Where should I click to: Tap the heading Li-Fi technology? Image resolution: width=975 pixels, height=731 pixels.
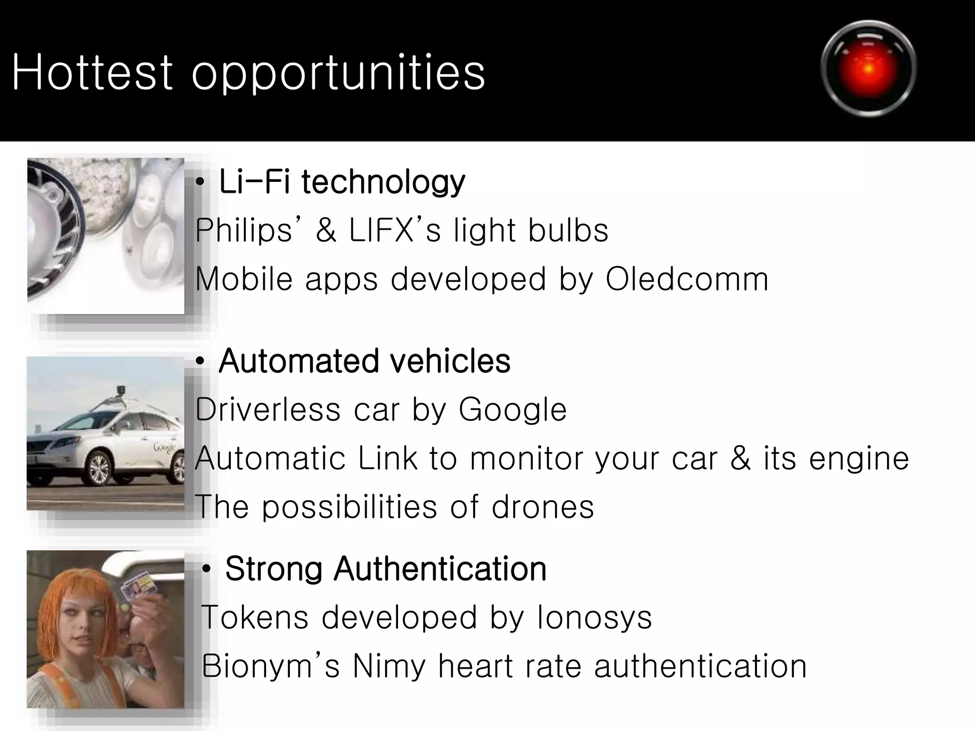tap(341, 182)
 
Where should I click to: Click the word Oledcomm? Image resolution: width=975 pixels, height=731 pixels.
tap(686, 279)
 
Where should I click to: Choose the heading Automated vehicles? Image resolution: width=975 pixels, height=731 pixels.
tap(364, 361)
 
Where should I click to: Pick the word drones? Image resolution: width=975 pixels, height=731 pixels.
tap(542, 506)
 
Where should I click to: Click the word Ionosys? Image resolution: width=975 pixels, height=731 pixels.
tap(594, 617)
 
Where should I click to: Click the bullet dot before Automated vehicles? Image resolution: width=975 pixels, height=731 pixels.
tap(200, 362)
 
